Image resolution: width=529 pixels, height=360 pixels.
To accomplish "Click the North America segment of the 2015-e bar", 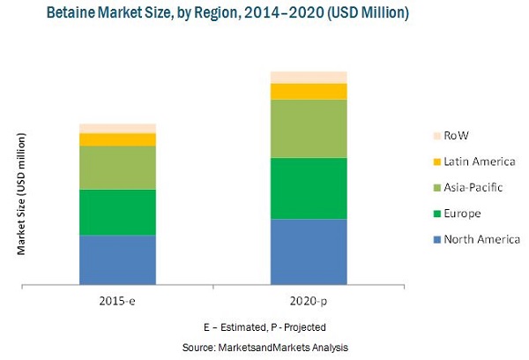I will pyautogui.click(x=117, y=260).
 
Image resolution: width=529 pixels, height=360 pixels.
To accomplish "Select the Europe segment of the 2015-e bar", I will pyautogui.click(x=117, y=212).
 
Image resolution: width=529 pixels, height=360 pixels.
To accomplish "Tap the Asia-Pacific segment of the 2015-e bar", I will pyautogui.click(x=117, y=168).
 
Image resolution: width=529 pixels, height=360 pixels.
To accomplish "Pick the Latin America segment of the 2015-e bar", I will pyautogui.click(x=117, y=139).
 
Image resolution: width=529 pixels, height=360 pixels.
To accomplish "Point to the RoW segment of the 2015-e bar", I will pyautogui.click(x=117, y=129).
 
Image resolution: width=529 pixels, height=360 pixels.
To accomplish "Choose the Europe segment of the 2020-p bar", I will pyautogui.click(x=309, y=188).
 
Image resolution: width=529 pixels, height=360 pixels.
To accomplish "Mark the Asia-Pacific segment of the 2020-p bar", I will pyautogui.click(x=309, y=129).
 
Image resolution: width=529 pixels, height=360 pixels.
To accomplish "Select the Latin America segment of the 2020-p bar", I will pyautogui.click(x=309, y=91).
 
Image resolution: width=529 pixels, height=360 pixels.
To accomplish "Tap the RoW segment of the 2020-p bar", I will pyautogui.click(x=309, y=77).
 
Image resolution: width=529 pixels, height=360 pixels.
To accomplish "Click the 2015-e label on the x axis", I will pyautogui.click(x=117, y=303).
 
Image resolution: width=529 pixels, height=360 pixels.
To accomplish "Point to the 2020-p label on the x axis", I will pyautogui.click(x=309, y=303).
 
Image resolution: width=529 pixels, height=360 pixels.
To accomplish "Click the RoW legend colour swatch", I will pyautogui.click(x=436, y=135).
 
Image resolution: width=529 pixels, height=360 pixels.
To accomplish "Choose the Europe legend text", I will pyautogui.click(x=463, y=214).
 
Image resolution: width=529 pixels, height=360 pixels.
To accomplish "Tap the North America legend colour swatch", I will pyautogui.click(x=436, y=239).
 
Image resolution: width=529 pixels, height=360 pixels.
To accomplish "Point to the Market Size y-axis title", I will pyautogui.click(x=20, y=194).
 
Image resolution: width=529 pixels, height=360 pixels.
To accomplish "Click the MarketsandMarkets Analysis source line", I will pyautogui.click(x=265, y=347).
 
